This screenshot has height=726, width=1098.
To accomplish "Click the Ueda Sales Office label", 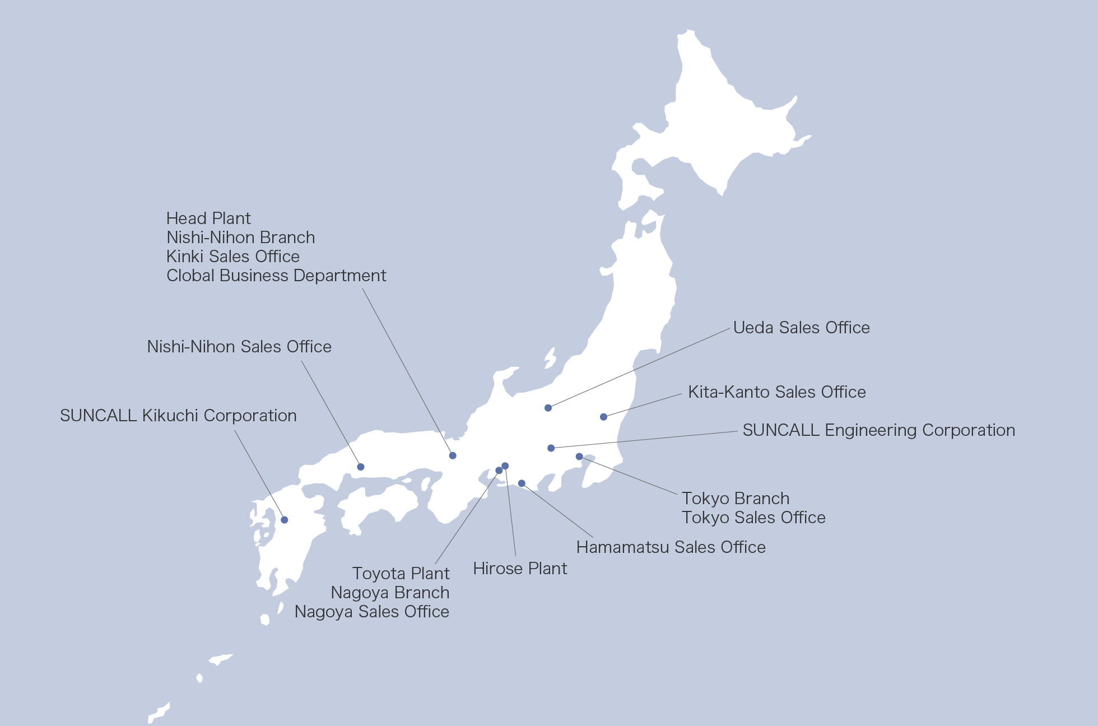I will click(x=801, y=328).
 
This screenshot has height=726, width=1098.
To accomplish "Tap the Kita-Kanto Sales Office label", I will click(x=776, y=392).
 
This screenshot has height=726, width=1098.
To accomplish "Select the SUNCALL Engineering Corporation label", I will click(x=878, y=430).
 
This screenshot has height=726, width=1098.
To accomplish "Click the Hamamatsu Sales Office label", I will click(x=671, y=547).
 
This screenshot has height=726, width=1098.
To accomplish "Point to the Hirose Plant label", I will click(x=520, y=569).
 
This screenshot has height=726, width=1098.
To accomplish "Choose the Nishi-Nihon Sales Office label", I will click(x=239, y=347).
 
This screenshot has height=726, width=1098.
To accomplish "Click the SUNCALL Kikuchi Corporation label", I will click(x=178, y=416).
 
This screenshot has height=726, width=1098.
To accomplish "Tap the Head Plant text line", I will click(x=208, y=218).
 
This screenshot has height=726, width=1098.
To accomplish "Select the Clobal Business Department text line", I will click(x=276, y=276).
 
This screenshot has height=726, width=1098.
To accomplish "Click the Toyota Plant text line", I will click(x=401, y=574).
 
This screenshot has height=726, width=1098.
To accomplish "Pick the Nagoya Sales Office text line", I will click(x=372, y=612).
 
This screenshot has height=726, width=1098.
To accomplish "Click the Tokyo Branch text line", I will click(x=736, y=499).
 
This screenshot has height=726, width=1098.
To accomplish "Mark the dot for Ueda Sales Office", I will click(x=548, y=408).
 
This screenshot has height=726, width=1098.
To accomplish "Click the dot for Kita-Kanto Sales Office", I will click(x=603, y=417).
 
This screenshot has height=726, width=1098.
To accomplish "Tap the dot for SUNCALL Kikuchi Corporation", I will click(x=285, y=520).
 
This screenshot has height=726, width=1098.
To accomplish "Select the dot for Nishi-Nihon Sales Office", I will click(x=361, y=467).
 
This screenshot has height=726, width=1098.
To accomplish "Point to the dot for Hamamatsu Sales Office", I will click(x=522, y=483).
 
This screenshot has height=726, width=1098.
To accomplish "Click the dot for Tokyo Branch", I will click(x=579, y=457).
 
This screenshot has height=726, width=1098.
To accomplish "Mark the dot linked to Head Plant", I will click(x=453, y=455).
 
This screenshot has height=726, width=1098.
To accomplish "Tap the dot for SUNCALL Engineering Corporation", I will click(x=551, y=448).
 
